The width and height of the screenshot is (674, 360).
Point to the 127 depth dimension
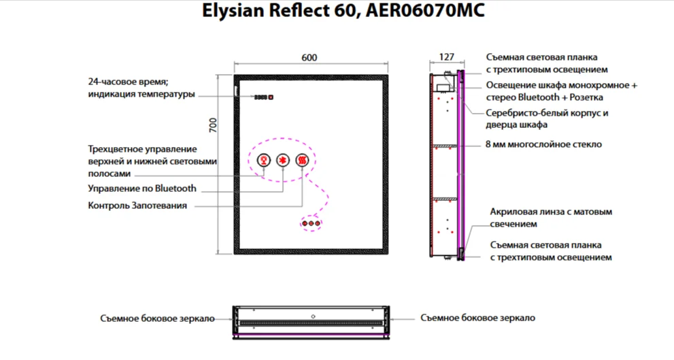tap(446, 58)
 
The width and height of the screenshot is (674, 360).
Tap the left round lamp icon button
tap(262, 161)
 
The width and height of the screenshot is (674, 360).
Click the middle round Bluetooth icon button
tap(282, 161)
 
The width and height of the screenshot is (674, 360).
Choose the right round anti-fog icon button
tap(302, 161)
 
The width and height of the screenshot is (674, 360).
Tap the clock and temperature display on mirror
tap(263, 97)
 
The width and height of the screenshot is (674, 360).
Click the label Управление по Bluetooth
tap(142, 189)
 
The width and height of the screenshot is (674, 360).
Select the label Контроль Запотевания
tap(137, 205)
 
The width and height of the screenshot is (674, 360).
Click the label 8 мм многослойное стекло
tap(543, 144)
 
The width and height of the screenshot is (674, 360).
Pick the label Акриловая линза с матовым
tap(551, 212)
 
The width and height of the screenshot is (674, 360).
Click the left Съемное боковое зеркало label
tap(157, 318)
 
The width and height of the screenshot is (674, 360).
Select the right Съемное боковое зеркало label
tap(477, 318)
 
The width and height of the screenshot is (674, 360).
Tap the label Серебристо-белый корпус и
tap(547, 114)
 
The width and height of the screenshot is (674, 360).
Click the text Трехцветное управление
tap(142, 149)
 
